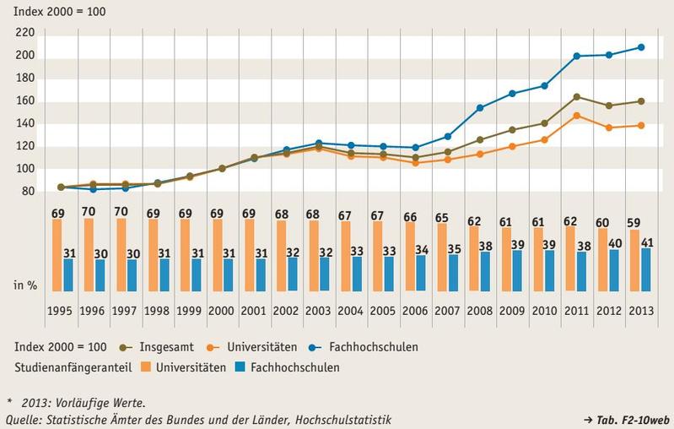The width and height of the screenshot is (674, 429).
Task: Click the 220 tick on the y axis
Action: coord(24,33)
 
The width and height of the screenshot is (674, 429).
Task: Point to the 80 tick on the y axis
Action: coord(28,191)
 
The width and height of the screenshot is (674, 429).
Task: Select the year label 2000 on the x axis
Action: coord(222,310)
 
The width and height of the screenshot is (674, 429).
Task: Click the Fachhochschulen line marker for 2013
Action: coord(641,47)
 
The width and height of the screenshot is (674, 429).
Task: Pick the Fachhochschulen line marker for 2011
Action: coord(577,57)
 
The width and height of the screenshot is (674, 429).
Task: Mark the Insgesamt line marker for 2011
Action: coord(577,96)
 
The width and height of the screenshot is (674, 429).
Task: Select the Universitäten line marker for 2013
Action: coord(641,125)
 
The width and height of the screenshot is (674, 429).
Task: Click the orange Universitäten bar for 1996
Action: coord(89,255)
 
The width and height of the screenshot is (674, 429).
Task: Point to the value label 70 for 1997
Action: coord(121,211)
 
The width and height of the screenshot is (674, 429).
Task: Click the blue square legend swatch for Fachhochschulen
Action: coord(240,367)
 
